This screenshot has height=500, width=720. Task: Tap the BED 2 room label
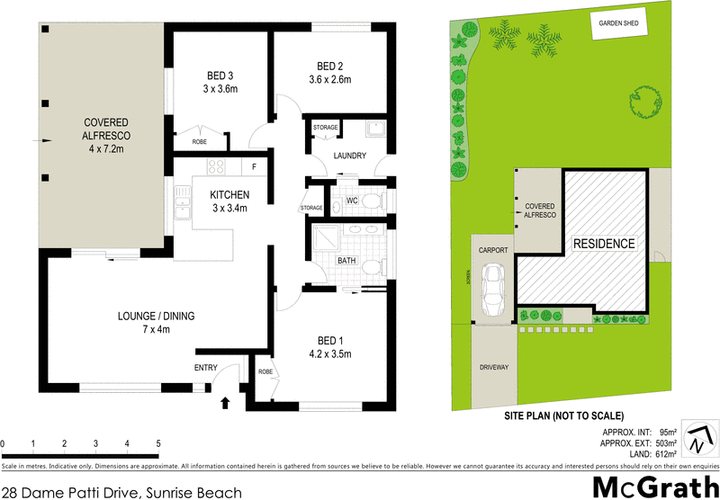pos(330,66)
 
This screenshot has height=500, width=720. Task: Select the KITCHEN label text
pos(229,196)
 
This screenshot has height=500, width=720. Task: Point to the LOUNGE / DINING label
pos(157,316)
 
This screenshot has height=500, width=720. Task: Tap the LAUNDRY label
pos(349,156)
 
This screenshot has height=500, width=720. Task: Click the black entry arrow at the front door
pos(224,402)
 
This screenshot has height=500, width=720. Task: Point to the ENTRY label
pos(206,368)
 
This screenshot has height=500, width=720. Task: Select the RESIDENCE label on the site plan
pos(605,244)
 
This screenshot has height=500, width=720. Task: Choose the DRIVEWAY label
pos(493,368)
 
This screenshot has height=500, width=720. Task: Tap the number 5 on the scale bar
pos(158,443)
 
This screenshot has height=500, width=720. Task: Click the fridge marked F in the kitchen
pos(254,166)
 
